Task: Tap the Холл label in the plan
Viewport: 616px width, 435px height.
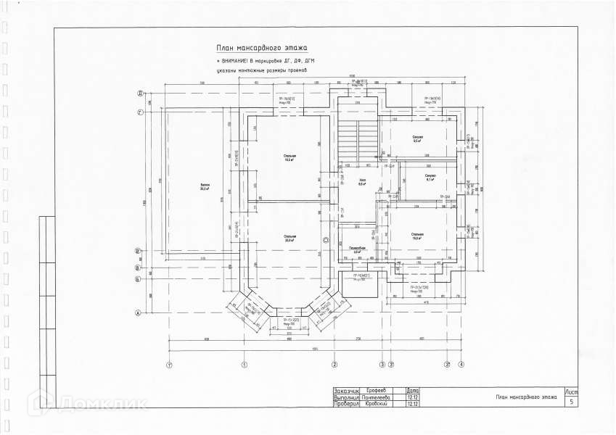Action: pyautogui.click(x=361, y=181)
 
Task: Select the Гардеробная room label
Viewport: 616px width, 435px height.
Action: pyautogui.click(x=356, y=249)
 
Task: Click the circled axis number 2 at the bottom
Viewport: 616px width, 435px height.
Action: pyautogui.click(x=335, y=364)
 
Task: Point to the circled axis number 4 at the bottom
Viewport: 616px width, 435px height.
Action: pyautogui.click(x=461, y=364)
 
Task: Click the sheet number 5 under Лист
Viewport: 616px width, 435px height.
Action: pyautogui.click(x=572, y=400)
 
